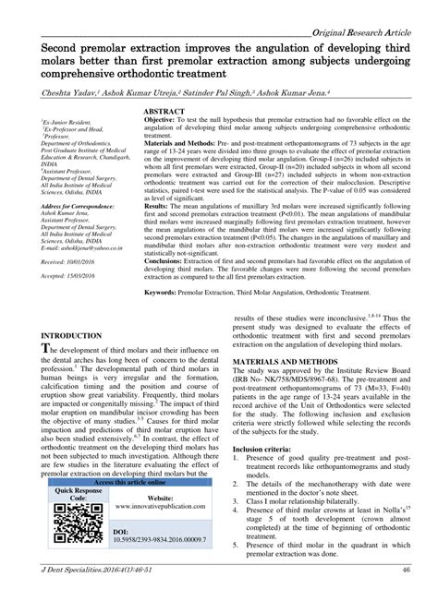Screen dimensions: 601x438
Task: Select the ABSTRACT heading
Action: (164, 111)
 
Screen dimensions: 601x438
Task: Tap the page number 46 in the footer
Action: (406, 570)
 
